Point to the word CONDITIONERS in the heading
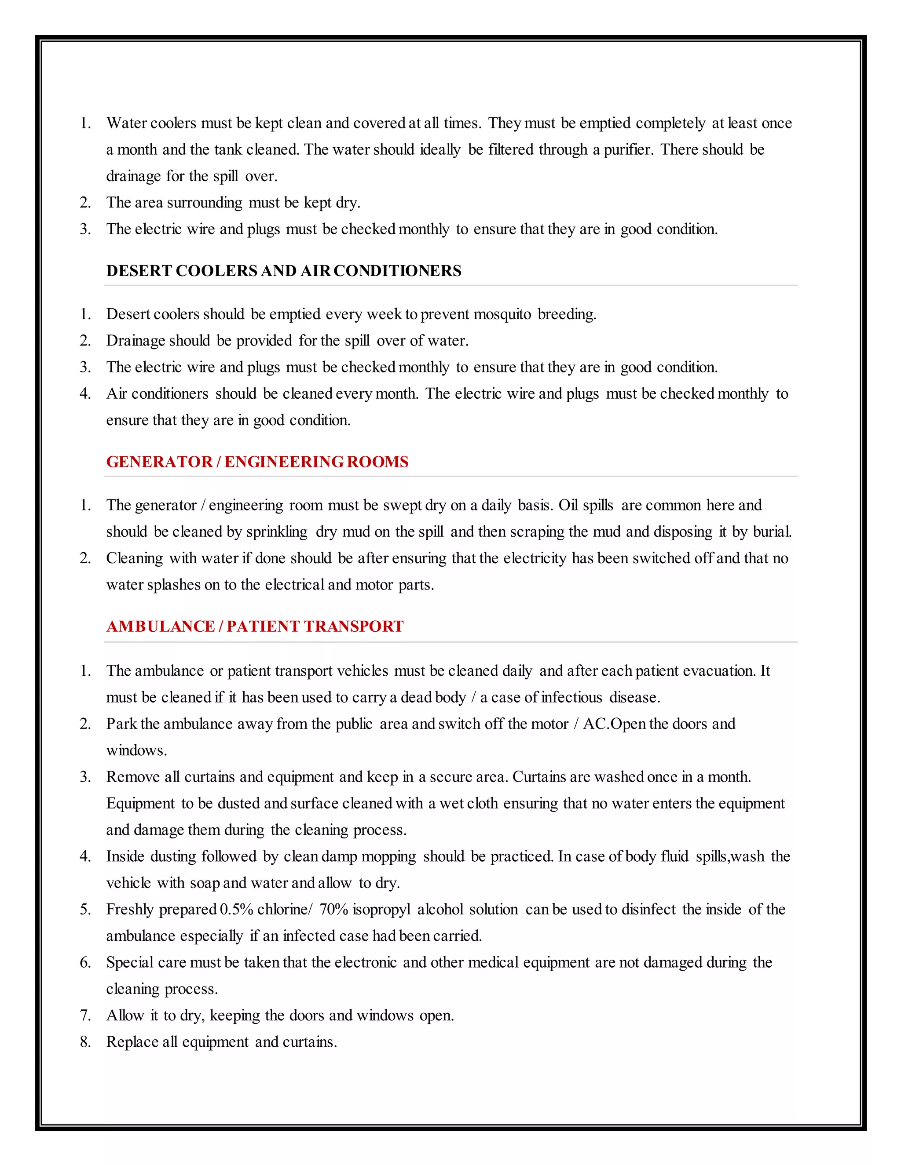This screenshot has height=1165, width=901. (397, 271)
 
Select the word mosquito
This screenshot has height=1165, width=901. (502, 314)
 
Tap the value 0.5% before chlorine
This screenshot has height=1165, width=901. (236, 910)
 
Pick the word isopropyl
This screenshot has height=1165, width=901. (381, 910)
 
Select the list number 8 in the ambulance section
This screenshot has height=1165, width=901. (85, 1042)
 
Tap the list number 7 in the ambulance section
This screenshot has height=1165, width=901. (85, 1015)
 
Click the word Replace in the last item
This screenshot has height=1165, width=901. (132, 1042)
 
